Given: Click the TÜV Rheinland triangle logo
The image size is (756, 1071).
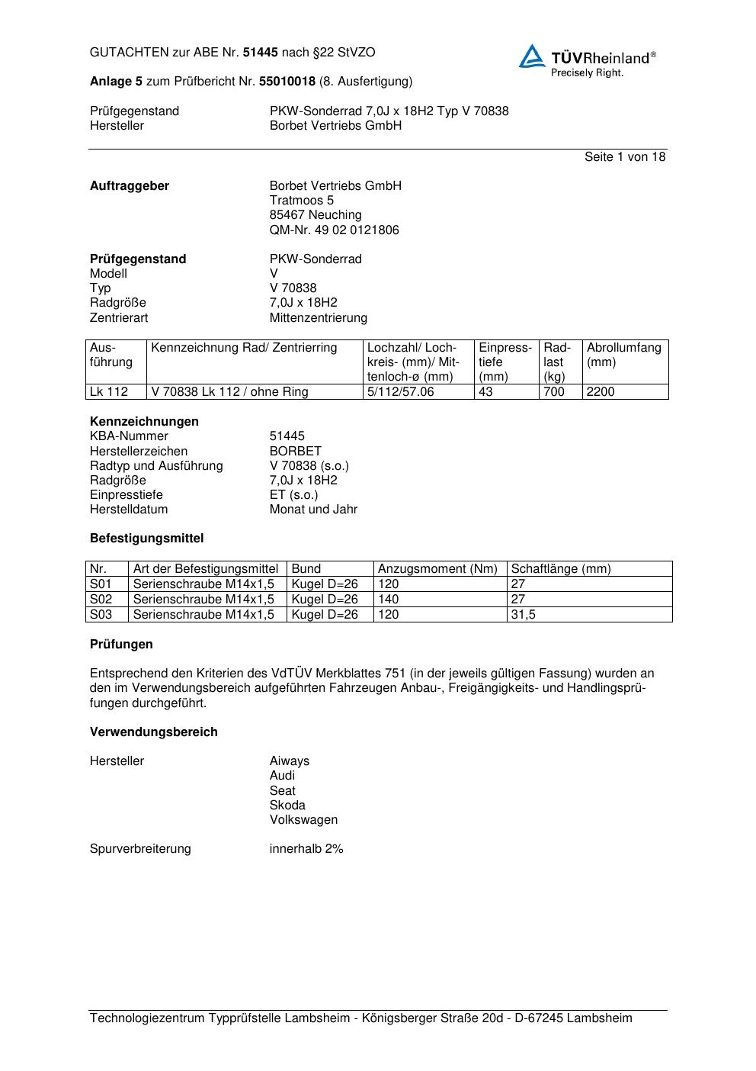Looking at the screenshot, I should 533,56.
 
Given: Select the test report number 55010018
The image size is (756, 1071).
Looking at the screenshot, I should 287,81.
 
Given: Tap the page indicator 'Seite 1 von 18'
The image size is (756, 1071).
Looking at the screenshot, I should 625,157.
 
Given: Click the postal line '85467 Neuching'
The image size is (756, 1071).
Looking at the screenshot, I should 316,215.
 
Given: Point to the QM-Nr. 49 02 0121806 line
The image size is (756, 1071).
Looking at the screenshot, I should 334,230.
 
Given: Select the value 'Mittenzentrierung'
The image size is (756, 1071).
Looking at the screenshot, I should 318,317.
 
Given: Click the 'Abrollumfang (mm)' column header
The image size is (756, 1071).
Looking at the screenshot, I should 623,355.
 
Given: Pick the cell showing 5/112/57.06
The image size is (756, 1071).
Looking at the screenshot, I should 400,392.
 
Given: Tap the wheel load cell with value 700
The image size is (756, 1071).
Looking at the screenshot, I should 554,392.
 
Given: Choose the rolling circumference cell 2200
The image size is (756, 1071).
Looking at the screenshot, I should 601,392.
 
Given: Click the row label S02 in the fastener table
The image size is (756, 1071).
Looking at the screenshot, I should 101,600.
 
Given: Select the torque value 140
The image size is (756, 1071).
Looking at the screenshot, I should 389,600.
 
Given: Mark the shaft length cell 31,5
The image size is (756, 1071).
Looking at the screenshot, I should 524,615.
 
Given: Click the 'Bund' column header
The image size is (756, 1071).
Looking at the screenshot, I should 306,569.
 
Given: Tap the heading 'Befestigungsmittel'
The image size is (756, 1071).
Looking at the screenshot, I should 147,539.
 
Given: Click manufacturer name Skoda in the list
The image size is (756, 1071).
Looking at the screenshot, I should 287,806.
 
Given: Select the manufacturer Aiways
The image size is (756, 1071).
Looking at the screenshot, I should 290,761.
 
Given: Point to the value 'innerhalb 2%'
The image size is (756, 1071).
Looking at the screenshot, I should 306,849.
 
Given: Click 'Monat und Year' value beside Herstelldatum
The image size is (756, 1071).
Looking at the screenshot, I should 313,510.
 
